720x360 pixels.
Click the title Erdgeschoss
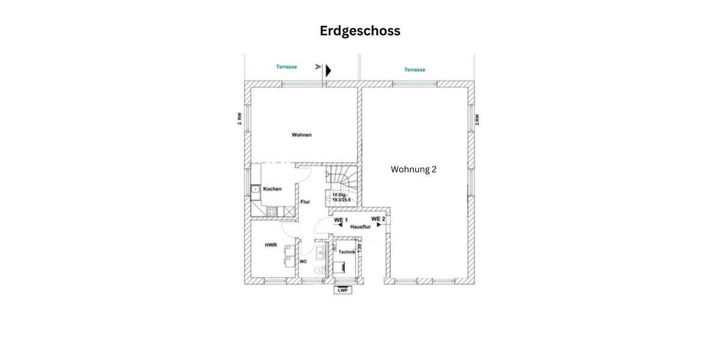point(359,31)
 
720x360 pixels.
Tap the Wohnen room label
point(302,135)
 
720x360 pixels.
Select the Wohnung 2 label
point(413,169)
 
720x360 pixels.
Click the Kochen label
point(272,189)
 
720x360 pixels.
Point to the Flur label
point(305,202)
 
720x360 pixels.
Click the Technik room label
point(347,252)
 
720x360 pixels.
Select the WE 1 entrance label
point(341,220)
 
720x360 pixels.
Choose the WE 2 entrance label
point(378,219)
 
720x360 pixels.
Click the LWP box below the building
point(343,290)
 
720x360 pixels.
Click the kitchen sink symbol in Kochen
point(255,190)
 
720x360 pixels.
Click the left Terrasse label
point(286,67)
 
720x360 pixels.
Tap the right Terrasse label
point(415,70)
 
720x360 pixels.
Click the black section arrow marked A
point(328,70)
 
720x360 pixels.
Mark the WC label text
point(304,262)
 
